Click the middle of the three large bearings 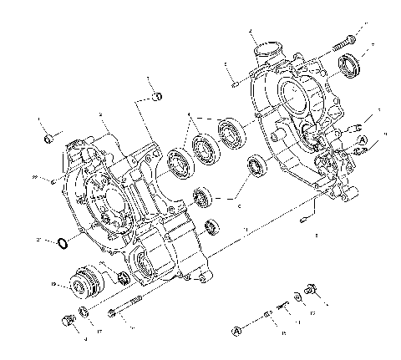203,147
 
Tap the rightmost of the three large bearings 231,132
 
